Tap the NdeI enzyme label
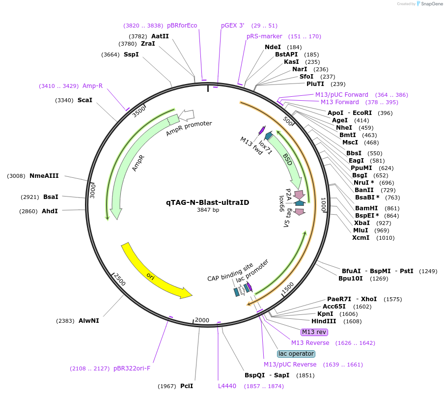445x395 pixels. [x=273, y=47]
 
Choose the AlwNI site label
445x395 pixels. [x=88, y=321]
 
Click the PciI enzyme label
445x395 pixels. [x=187, y=386]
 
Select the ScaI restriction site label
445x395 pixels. [x=85, y=100]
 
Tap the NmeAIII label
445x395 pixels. [x=44, y=176]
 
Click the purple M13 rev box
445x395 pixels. [x=314, y=332]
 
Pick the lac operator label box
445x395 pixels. [x=296, y=354]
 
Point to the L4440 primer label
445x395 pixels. [x=227, y=386]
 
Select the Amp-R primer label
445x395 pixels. [x=92, y=86]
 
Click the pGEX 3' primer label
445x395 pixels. [x=232, y=26]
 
